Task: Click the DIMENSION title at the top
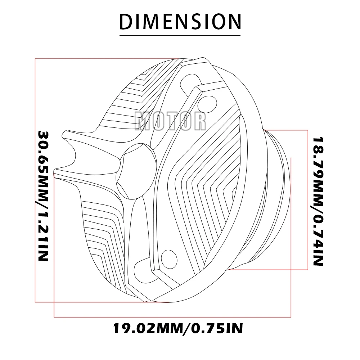click(x=180, y=22)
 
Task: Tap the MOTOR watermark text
click(x=170, y=121)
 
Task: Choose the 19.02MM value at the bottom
click(x=144, y=328)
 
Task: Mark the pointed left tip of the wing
click(x=55, y=172)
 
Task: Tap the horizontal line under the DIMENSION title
click(x=180, y=35)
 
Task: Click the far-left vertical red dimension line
click(x=35, y=180)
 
